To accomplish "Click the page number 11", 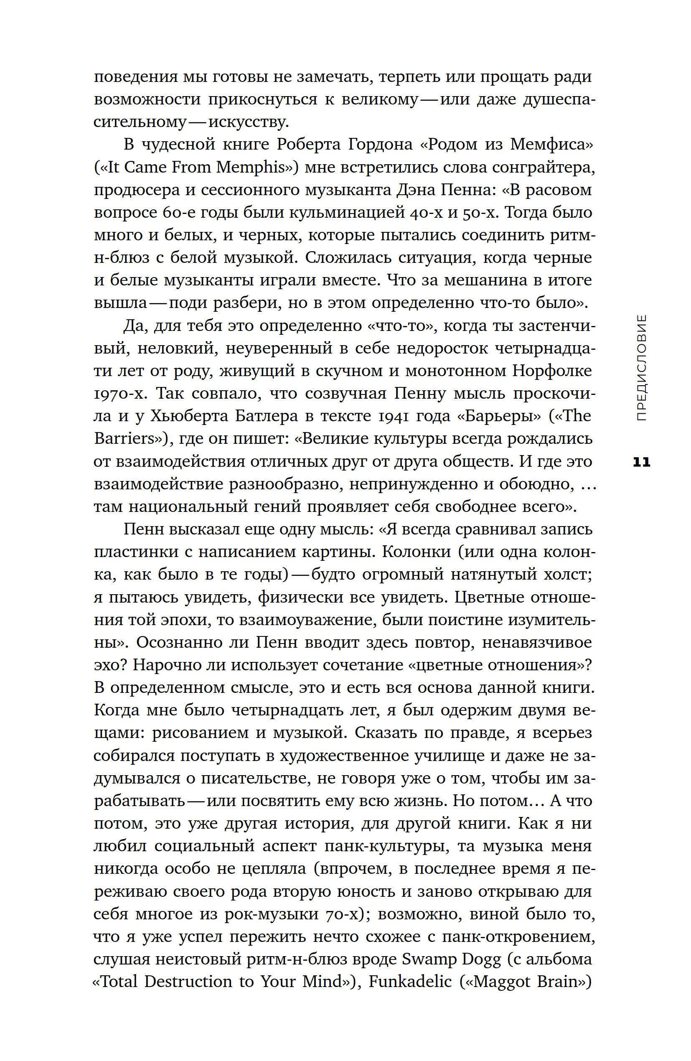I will [x=642, y=462].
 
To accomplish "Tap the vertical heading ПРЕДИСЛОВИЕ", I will [x=641, y=368].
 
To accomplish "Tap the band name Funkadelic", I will [x=410, y=982].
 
